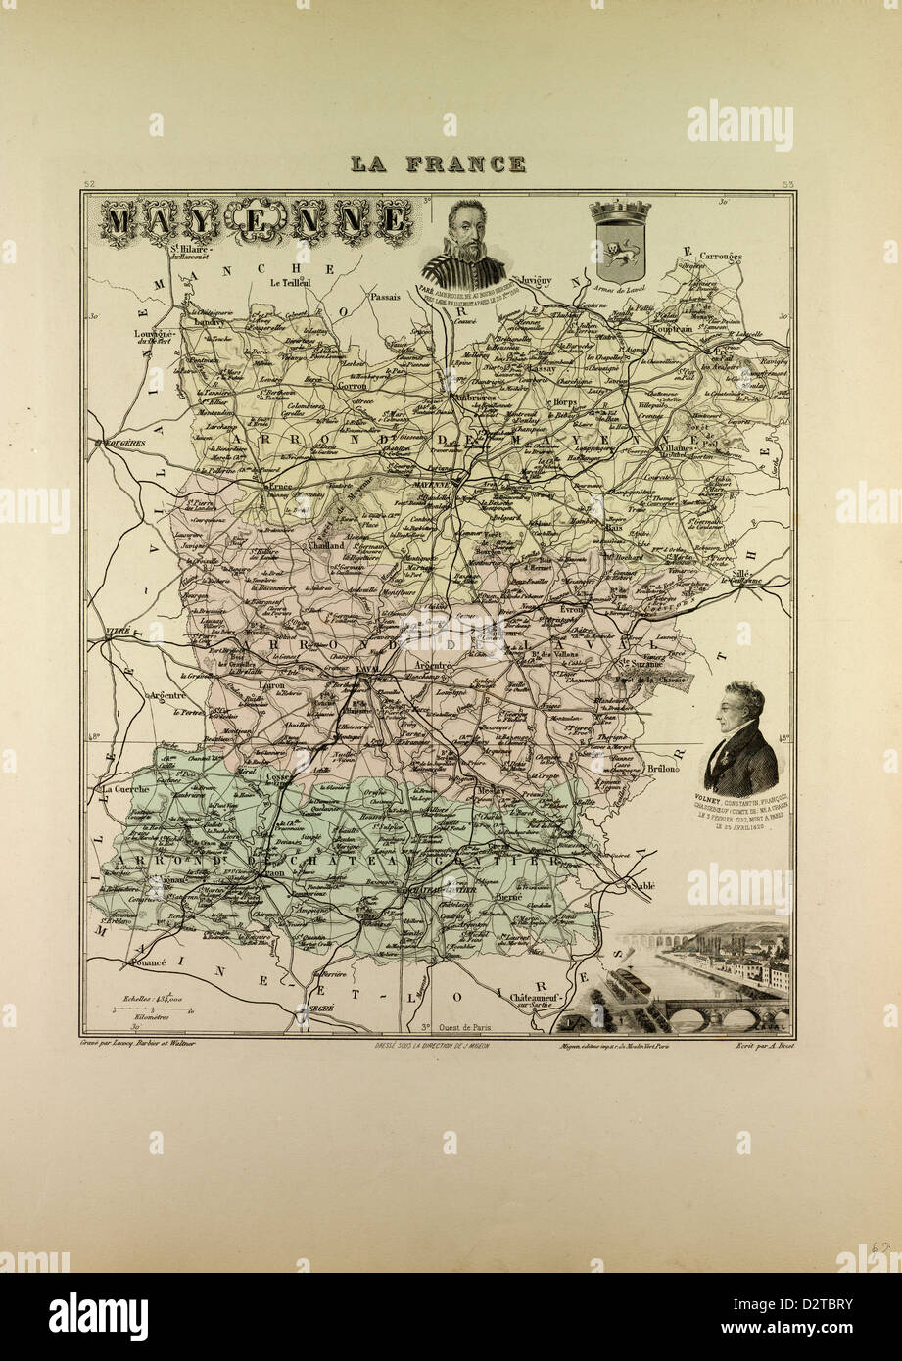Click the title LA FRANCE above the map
click(438, 164)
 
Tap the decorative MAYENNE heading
click(256, 221)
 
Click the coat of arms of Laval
click(619, 240)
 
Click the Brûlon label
click(663, 770)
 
